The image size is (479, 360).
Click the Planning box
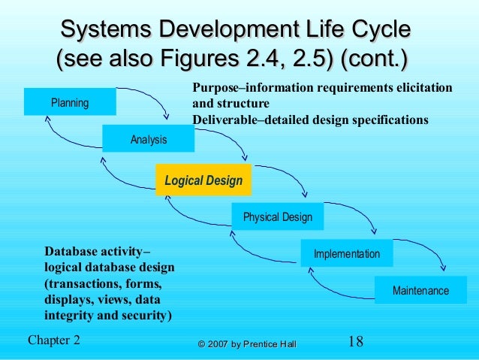(x=70, y=102)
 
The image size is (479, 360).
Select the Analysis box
(x=149, y=139)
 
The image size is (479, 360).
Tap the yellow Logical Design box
(x=203, y=180)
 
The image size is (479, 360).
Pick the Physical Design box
(x=277, y=217)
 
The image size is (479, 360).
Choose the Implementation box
(x=346, y=254)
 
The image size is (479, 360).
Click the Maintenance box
(x=420, y=290)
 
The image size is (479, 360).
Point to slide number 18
(x=356, y=341)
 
